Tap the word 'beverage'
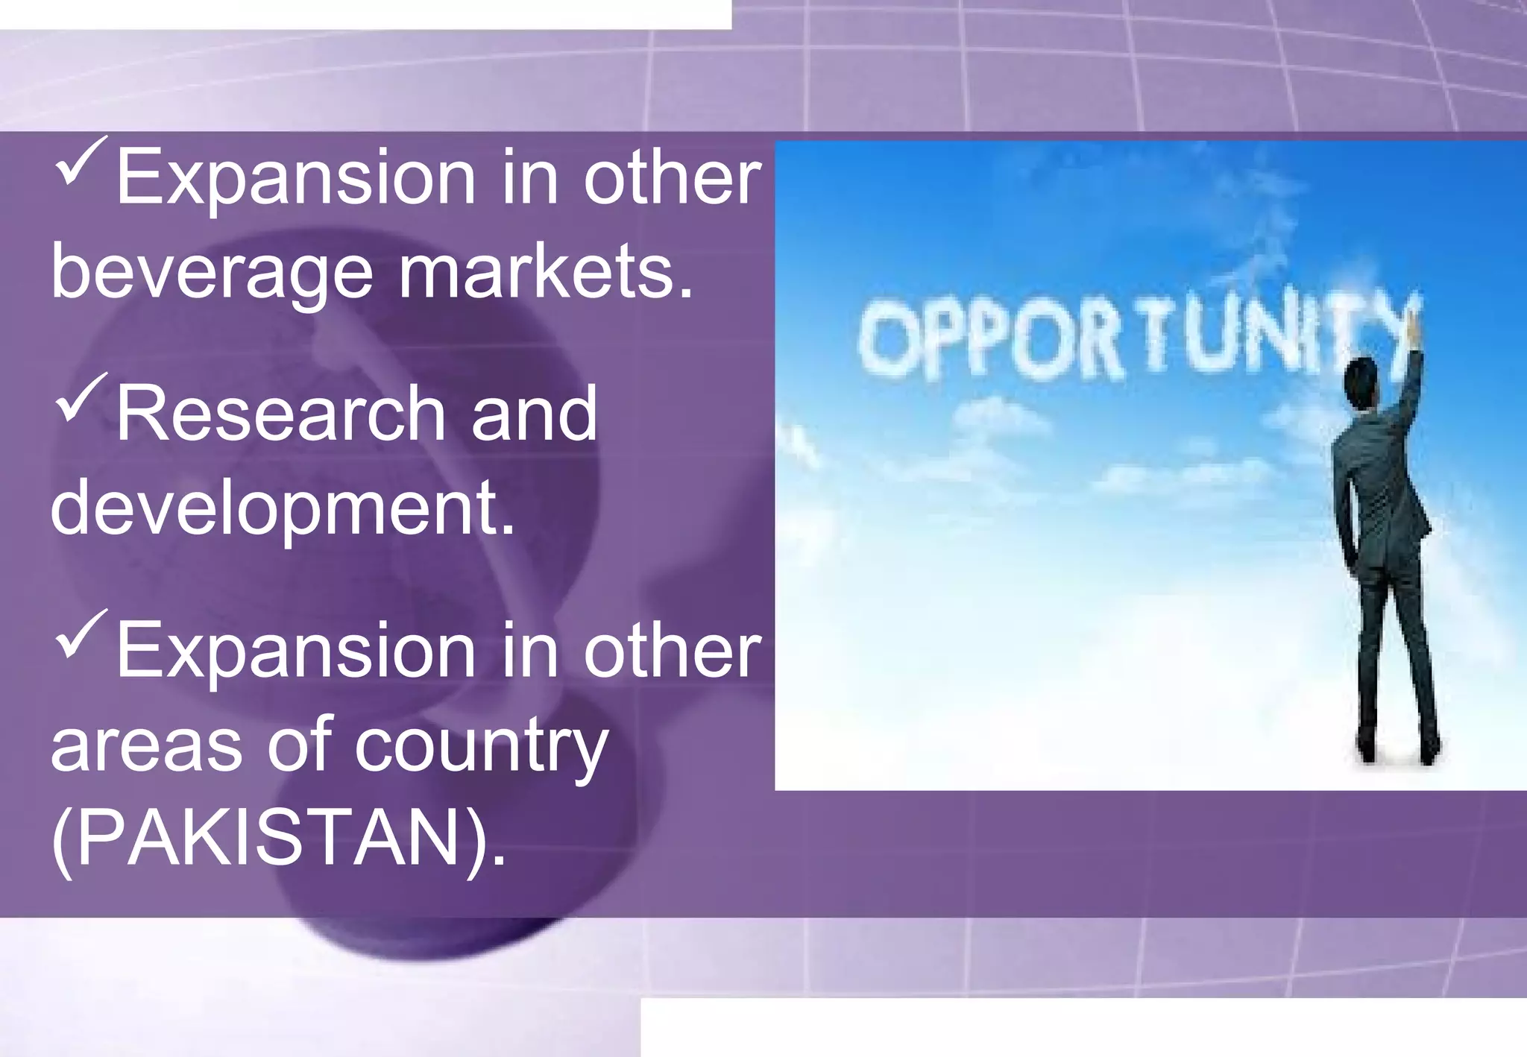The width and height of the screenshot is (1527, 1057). point(212,274)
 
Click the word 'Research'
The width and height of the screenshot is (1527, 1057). point(280,414)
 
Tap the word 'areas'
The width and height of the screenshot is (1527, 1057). point(146,745)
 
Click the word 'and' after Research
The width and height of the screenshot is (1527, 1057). point(534,414)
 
